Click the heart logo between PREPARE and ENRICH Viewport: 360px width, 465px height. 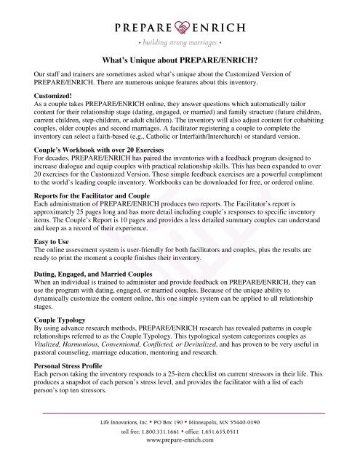(180, 28)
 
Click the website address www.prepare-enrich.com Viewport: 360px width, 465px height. (180, 458)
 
